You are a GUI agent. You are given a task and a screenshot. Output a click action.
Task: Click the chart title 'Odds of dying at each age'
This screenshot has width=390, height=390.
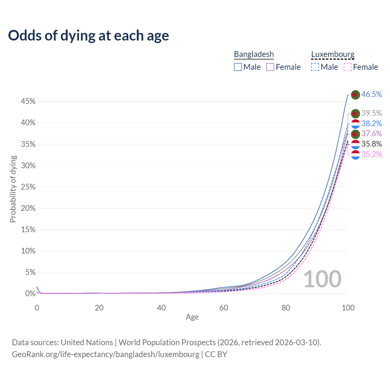pyautogui.click(x=88, y=36)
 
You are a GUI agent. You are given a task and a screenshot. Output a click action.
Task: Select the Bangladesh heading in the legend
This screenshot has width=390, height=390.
pyautogui.click(x=254, y=54)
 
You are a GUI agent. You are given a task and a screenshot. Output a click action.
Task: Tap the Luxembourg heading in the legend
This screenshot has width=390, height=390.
pyautogui.click(x=333, y=54)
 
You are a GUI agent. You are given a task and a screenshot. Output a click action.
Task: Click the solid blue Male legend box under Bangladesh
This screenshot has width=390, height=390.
pyautogui.click(x=238, y=67)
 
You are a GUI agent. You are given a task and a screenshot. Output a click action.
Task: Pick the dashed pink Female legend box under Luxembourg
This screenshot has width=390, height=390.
pyautogui.click(x=348, y=67)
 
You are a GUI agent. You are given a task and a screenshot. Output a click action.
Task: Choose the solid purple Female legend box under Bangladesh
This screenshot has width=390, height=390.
pyautogui.click(x=270, y=67)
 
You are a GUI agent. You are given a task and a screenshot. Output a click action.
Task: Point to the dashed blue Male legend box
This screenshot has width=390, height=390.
pyautogui.click(x=315, y=67)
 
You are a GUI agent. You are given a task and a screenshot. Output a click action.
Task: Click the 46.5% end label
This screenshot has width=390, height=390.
pyautogui.click(x=371, y=94)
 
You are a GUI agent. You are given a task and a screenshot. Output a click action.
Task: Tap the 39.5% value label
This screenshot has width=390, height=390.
pyautogui.click(x=371, y=113)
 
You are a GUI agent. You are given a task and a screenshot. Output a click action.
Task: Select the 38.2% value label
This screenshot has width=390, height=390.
pyautogui.click(x=371, y=123)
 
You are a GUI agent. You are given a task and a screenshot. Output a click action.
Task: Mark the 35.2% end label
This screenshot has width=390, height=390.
pyautogui.click(x=371, y=154)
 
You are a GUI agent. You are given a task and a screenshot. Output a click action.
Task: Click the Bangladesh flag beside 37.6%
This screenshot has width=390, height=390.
pyautogui.click(x=355, y=134)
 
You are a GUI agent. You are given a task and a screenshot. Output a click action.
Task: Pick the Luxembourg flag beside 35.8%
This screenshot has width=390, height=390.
pyautogui.click(x=355, y=144)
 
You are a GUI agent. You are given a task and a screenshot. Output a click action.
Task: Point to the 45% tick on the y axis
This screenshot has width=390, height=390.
pyautogui.click(x=28, y=101)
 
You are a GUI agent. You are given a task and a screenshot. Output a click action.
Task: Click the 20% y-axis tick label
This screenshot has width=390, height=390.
pyautogui.click(x=28, y=208)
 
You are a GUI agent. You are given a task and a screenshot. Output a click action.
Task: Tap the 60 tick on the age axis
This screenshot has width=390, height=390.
pyautogui.click(x=224, y=308)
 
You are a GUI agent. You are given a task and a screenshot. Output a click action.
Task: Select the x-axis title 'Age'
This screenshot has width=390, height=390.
pyautogui.click(x=192, y=317)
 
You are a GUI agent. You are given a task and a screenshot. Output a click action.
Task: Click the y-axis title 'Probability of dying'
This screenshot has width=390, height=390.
pyautogui.click(x=13, y=189)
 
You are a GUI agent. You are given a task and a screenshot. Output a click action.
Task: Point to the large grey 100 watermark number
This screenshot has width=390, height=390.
pyautogui.click(x=322, y=279)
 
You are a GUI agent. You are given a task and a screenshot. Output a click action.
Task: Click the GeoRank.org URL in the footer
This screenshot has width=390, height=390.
pyautogui.click(x=105, y=354)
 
